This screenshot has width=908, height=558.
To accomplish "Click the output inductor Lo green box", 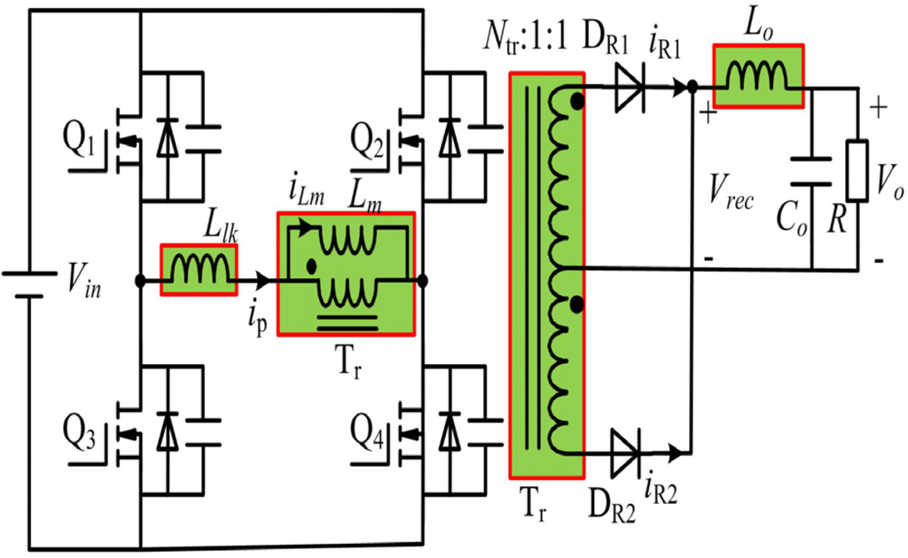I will [x=758, y=77].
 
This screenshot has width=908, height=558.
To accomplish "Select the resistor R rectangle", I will [x=857, y=169].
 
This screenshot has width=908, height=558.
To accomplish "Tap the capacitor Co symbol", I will [x=811, y=171].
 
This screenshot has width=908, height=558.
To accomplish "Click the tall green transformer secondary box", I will [x=547, y=275].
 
